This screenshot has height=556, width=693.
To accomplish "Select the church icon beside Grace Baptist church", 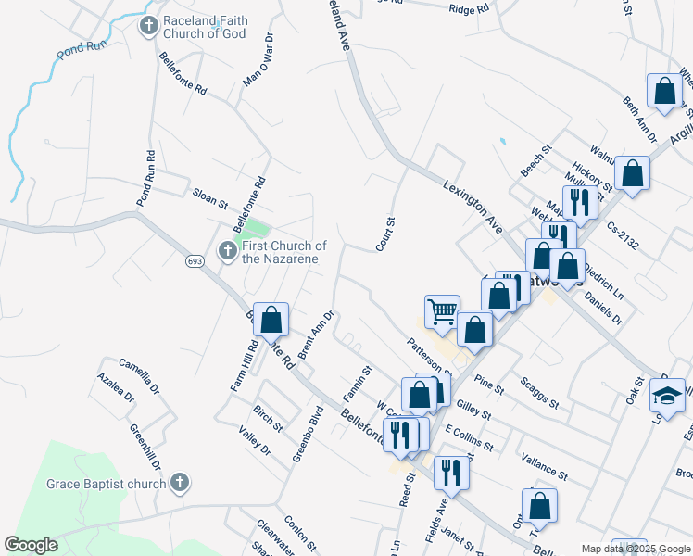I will [180, 483].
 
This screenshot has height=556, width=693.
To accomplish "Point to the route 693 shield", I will [193, 262].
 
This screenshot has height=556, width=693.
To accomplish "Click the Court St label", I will [385, 234].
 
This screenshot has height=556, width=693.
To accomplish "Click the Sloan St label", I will [209, 196].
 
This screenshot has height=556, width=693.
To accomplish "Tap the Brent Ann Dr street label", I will [315, 335].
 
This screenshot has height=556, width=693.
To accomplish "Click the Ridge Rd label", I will [468, 9].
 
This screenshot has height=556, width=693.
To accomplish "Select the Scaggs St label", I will [538, 392].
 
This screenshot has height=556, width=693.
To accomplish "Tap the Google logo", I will [31, 544].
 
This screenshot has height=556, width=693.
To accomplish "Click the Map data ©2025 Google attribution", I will [635, 549].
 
